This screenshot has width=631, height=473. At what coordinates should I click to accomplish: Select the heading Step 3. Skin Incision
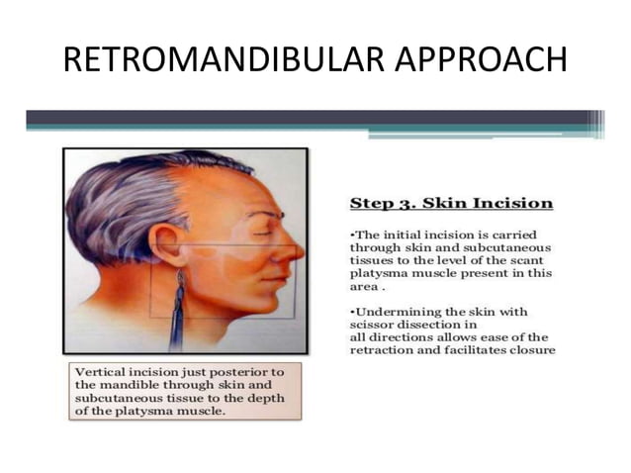451,203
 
